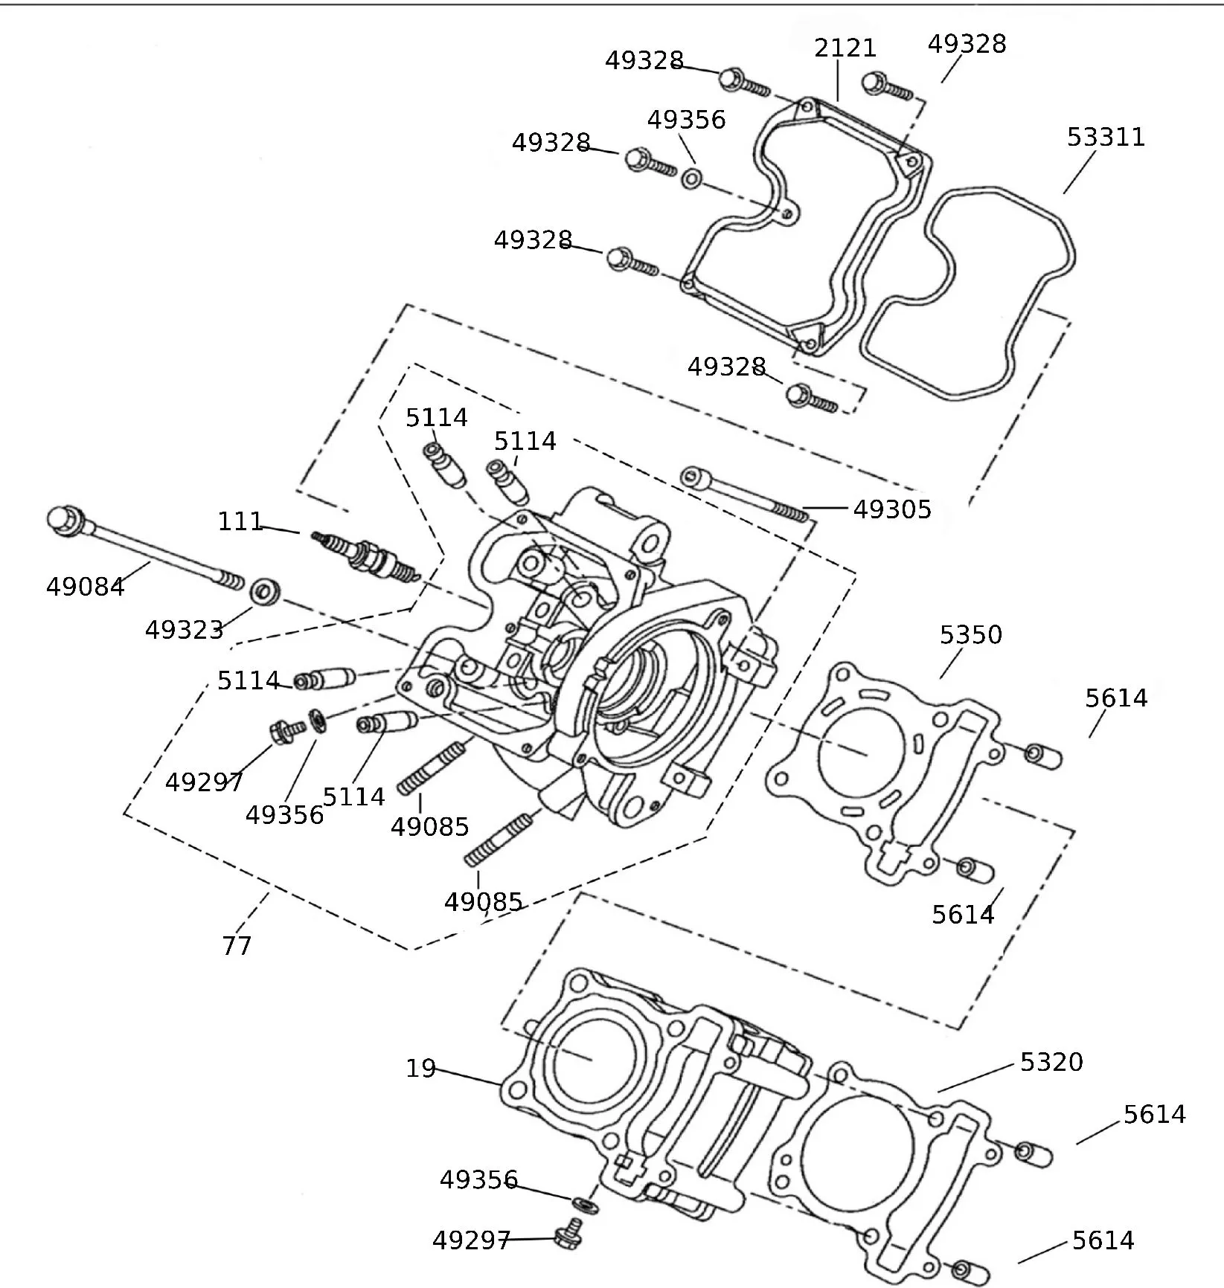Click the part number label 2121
pyautogui.click(x=845, y=48)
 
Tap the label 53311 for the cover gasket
pyautogui.click(x=1106, y=138)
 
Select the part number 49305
pyautogui.click(x=891, y=509)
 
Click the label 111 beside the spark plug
pyautogui.click(x=240, y=522)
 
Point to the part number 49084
pyautogui.click(x=85, y=587)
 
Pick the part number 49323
pyautogui.click(x=184, y=631)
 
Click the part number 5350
pyautogui.click(x=970, y=635)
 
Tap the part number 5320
pyautogui.click(x=1051, y=1062)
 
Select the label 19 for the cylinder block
pyautogui.click(x=420, y=1069)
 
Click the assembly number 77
pyautogui.click(x=237, y=946)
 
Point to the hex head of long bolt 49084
pyautogui.click(x=63, y=520)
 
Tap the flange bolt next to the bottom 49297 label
pyautogui.click(x=569, y=1236)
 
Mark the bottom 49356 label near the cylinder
pyautogui.click(x=478, y=1180)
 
